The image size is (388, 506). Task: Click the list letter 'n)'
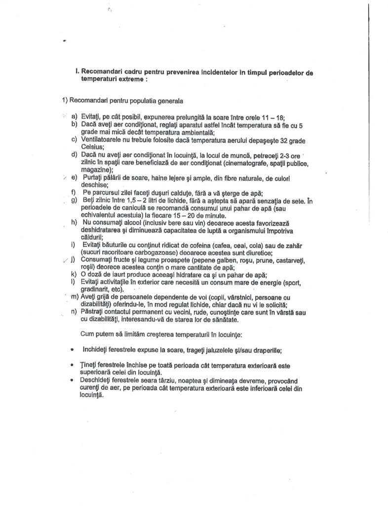(x=75, y=311)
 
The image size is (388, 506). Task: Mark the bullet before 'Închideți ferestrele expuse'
(x=73, y=350)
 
